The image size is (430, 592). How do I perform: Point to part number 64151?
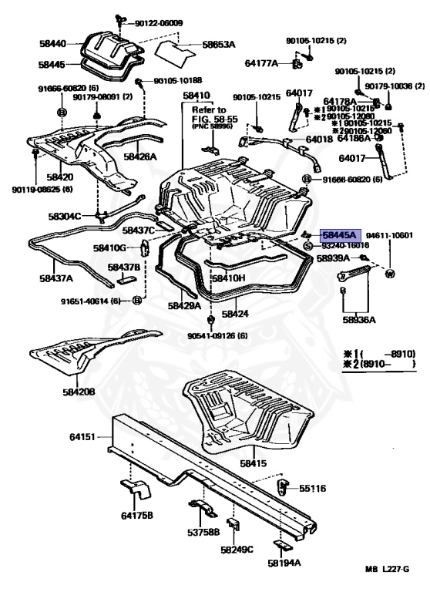82,437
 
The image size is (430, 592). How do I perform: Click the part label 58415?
253,463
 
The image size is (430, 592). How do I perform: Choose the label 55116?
313,488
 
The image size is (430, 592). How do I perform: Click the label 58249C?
237,550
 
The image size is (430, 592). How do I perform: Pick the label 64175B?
136,515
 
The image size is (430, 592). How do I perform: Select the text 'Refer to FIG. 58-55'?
210,115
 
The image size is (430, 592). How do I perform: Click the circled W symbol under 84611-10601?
390,274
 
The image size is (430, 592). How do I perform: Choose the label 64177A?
262,63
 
